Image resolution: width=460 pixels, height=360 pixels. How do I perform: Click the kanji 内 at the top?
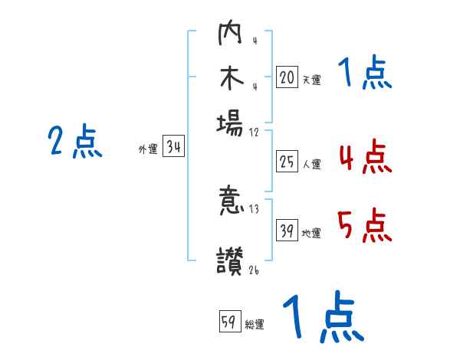pyautogui.click(x=230, y=35)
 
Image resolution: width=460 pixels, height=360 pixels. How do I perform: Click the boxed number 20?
pyautogui.click(x=287, y=77)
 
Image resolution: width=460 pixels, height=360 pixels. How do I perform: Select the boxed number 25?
pyautogui.click(x=287, y=162)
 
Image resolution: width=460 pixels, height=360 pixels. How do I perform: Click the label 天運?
pyautogui.click(x=310, y=80)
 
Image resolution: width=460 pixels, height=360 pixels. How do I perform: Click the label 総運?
pyautogui.click(x=254, y=325)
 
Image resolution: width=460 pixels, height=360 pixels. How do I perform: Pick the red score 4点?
pyautogui.click(x=364, y=157)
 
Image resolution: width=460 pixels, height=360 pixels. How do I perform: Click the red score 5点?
pyautogui.click(x=364, y=226)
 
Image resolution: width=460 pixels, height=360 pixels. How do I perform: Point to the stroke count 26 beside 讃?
pyautogui.click(x=255, y=269)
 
